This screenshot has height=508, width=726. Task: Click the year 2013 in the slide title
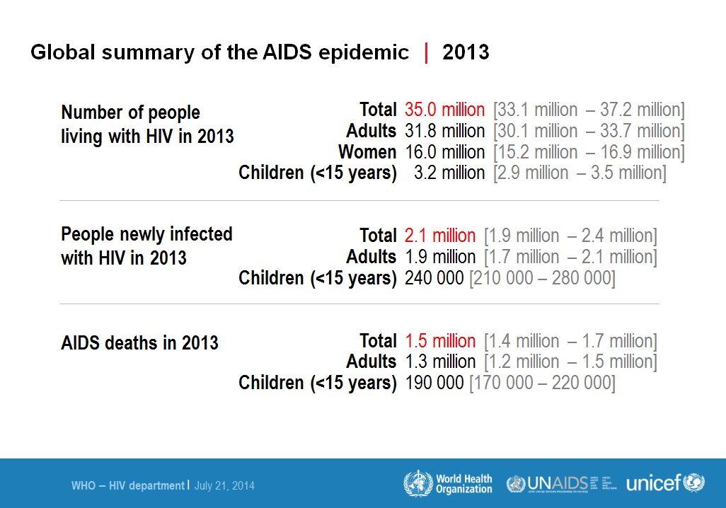click(466, 52)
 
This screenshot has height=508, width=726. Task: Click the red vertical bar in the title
click(426, 52)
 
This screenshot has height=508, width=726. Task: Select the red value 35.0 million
click(444, 110)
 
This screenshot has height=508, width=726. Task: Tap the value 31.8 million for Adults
click(444, 131)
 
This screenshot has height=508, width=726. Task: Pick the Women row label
click(367, 152)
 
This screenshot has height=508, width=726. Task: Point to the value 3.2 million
click(449, 173)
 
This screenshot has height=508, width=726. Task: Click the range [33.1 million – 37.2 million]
click(589, 110)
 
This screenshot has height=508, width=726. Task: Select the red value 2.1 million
click(440, 236)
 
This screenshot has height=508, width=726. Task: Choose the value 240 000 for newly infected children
click(434, 278)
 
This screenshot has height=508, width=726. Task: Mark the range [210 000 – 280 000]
click(542, 278)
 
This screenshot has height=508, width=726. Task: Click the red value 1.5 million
click(440, 341)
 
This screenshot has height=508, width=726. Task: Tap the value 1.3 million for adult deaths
click(440, 362)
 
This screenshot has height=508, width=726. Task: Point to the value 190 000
click(434, 383)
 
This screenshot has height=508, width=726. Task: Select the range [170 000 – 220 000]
click(542, 383)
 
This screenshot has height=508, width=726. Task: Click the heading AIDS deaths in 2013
click(139, 343)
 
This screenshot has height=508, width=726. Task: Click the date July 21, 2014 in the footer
click(224, 486)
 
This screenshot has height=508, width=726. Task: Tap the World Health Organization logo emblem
click(417, 484)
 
